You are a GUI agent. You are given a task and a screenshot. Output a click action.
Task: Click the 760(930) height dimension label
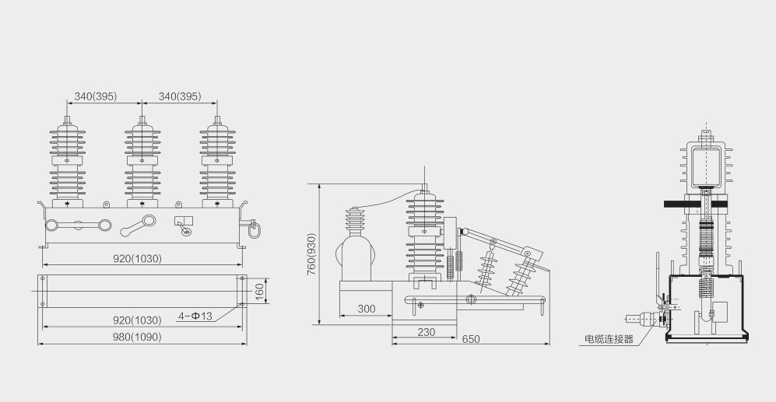pos(311,254)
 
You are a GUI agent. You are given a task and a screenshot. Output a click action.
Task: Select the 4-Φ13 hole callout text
pos(195,316)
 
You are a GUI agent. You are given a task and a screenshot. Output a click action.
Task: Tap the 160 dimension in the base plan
pos(260,292)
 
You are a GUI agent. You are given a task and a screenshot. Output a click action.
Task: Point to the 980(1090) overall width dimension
pos(137,337)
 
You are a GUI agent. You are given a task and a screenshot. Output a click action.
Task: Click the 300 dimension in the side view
pos(367,309)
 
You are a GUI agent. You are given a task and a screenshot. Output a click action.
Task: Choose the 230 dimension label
pos(426,332)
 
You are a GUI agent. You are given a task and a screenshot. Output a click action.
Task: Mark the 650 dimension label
pos(471,339)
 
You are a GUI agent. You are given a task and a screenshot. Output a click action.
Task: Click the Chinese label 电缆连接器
pos(609,339)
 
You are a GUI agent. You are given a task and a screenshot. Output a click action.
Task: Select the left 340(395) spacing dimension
pos(96,96)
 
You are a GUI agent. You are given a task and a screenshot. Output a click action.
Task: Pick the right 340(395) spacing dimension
pos(180,96)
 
